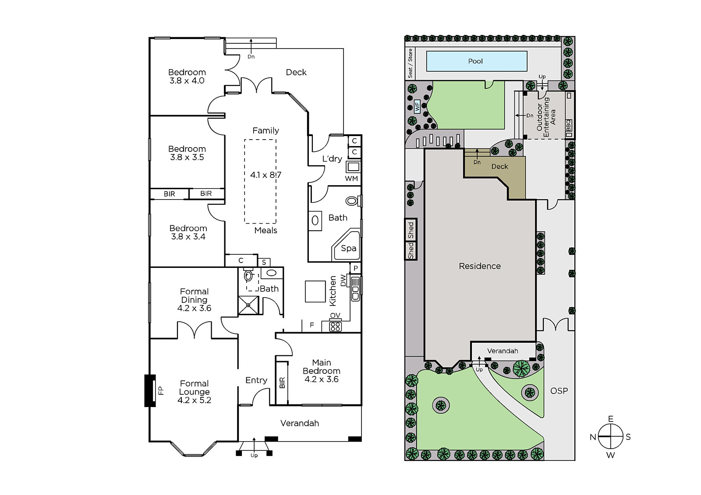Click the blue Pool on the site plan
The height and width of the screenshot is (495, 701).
pos(477,61)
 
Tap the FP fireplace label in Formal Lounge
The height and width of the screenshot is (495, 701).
pos(161,390)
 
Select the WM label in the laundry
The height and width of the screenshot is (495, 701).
pos(351,179)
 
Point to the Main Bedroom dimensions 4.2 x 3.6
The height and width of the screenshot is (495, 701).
pos(322,379)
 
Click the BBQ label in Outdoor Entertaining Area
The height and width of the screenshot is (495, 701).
pos(569,126)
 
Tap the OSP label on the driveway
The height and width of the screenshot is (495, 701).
pos(559,391)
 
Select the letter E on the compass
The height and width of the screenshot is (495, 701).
pos(610,419)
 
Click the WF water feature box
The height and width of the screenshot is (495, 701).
pos(417,107)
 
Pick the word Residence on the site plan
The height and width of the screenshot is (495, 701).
pos(480,266)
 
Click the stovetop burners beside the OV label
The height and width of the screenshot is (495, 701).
pos(335,326)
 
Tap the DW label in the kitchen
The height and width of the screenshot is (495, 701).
pos(343,281)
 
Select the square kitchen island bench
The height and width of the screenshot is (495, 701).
pos(315,291)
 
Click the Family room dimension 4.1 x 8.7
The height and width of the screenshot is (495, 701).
pos(266,175)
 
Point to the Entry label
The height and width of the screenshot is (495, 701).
pos(256,381)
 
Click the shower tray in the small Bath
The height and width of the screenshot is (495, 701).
pos(248,305)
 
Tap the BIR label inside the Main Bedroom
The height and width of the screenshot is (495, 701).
pos(282,383)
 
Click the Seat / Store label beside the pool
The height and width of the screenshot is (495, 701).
pos(410,63)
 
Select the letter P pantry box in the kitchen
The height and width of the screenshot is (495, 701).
pos(355,268)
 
